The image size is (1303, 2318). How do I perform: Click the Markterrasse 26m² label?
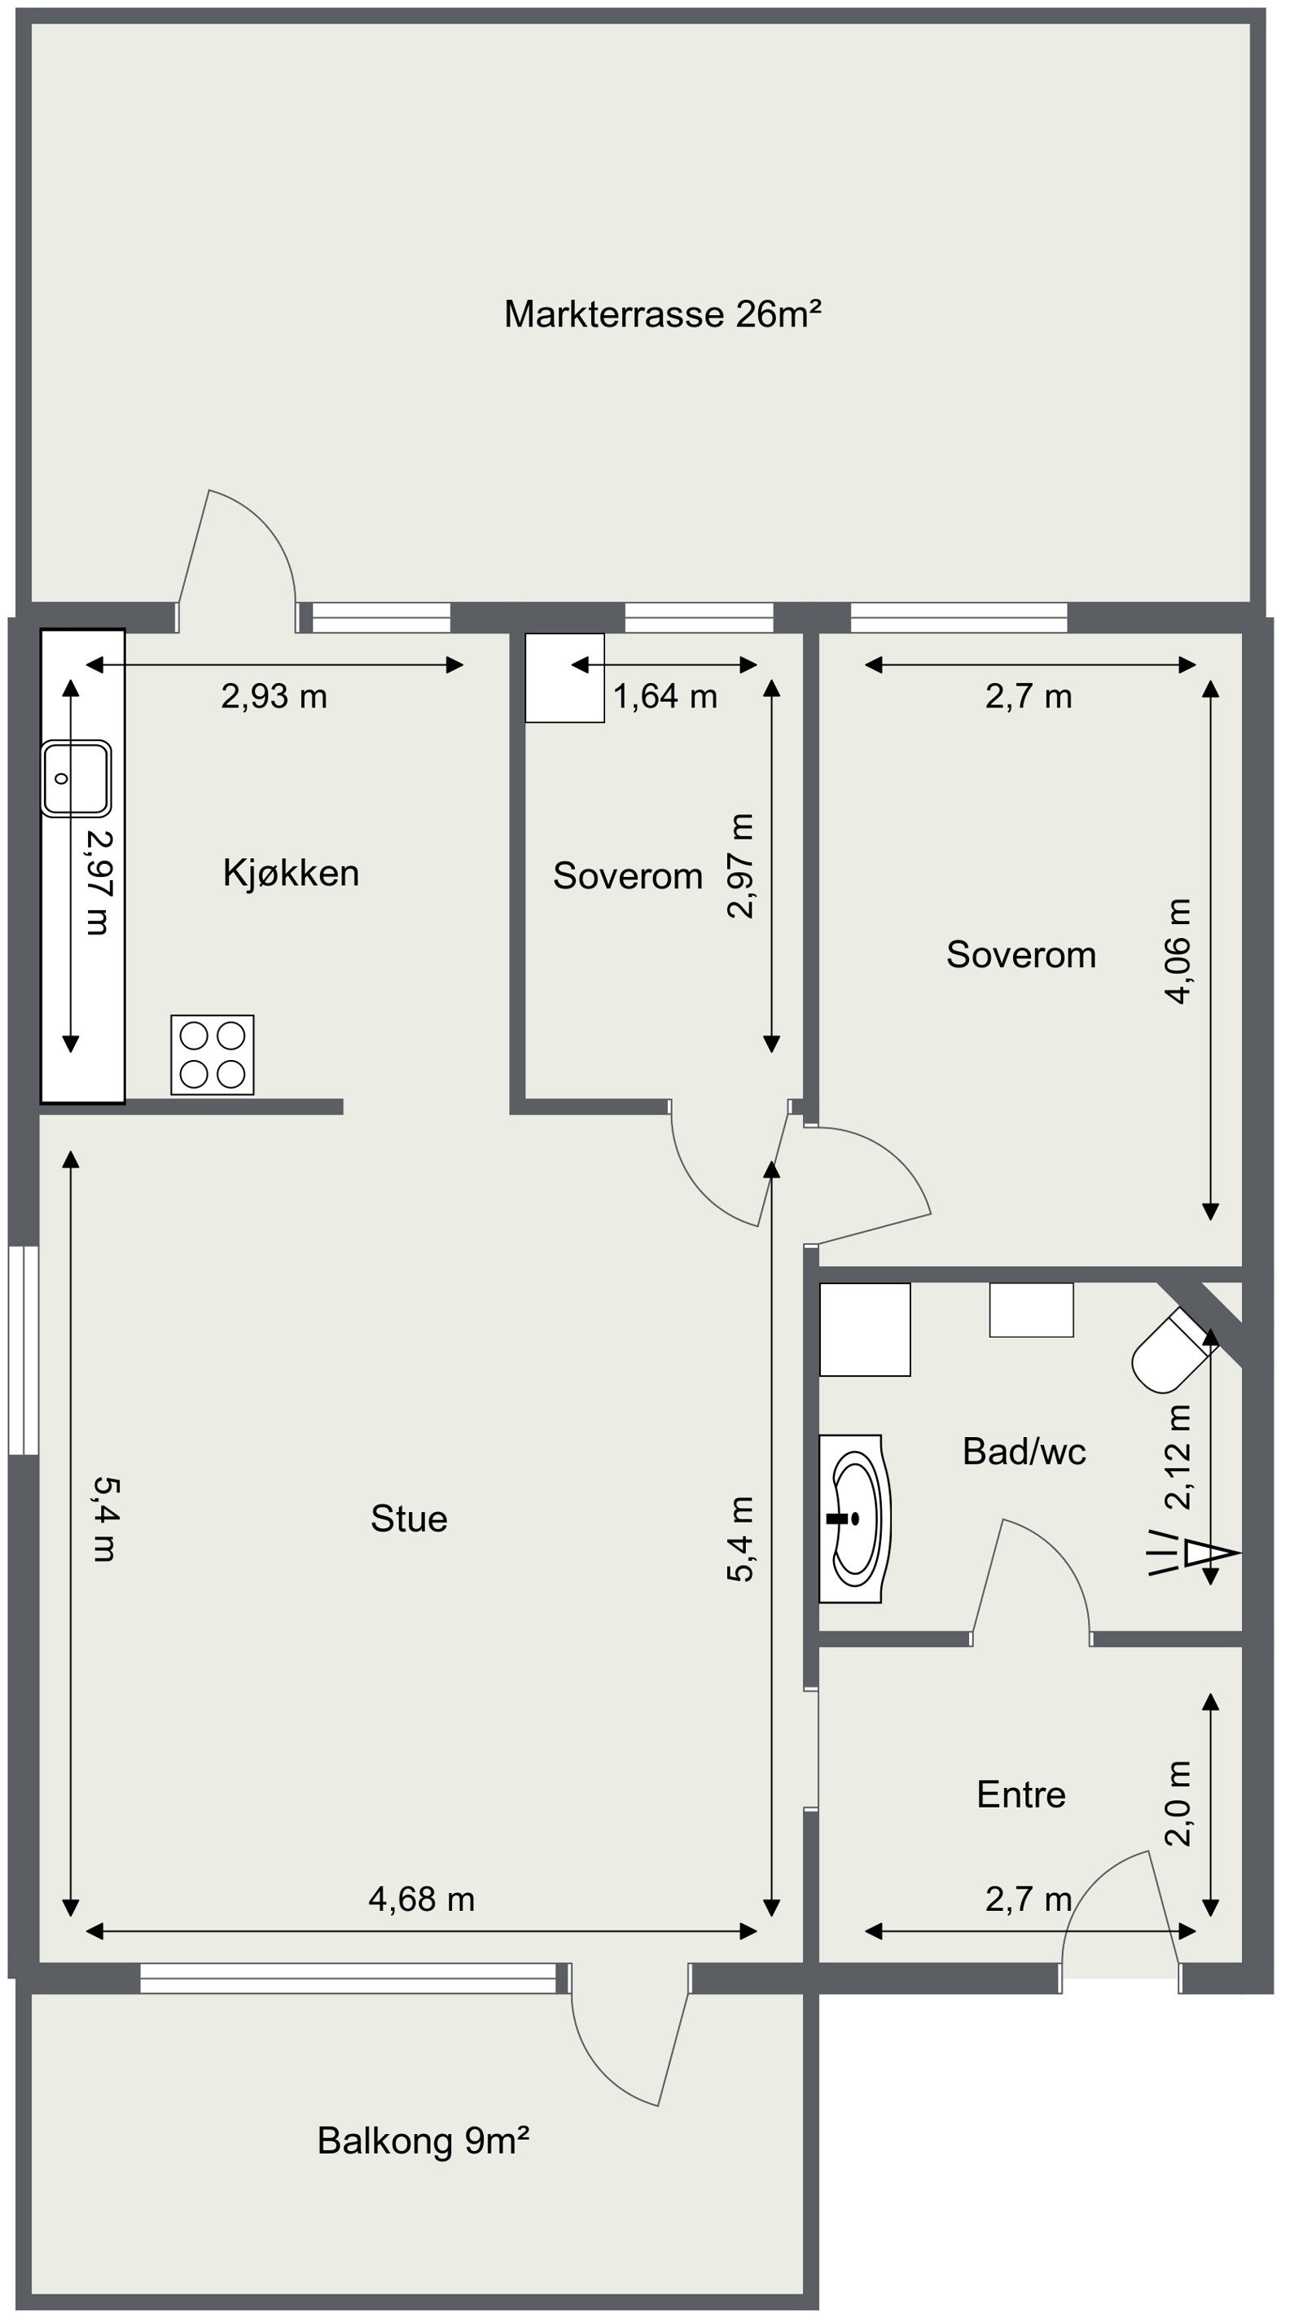662,314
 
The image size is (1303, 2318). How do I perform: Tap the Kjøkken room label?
291,873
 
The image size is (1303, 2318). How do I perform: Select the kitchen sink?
76,778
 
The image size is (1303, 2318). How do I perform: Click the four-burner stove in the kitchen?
213,1054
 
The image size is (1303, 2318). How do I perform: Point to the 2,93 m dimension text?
274,696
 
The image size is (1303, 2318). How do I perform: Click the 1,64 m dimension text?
665,696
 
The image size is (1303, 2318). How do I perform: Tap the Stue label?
409,1519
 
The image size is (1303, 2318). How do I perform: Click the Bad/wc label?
1024,1452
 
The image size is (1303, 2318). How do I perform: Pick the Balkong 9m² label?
423,2141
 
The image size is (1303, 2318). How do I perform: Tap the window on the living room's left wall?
24,1350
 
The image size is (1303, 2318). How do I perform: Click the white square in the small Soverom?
565,677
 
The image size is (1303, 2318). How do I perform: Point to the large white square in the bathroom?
865,1329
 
